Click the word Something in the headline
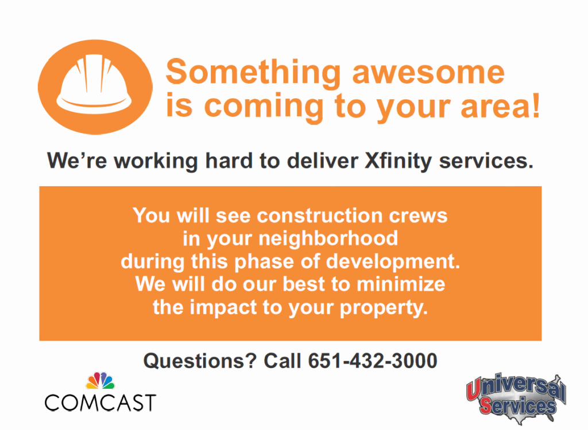(253, 73)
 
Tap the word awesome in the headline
(428, 72)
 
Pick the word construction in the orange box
(320, 216)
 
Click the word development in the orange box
(393, 262)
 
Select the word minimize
(400, 284)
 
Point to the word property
(384, 308)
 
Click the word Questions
(200, 361)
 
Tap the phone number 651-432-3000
(373, 361)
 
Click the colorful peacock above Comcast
(100, 381)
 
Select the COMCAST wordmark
(100, 403)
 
